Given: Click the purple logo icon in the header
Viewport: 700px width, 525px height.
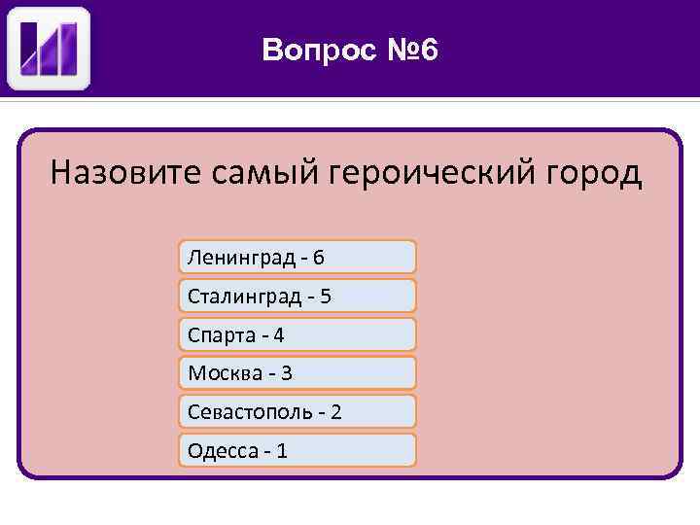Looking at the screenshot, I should [49, 49].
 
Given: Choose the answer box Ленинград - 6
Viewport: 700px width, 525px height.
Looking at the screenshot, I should [297, 257].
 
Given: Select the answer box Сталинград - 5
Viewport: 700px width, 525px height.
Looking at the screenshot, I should [297, 296].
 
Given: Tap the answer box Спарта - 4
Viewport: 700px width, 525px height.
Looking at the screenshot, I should [297, 334].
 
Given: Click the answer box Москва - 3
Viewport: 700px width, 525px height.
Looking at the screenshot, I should [297, 372].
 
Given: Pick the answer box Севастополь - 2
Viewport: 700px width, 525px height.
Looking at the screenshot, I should [297, 411].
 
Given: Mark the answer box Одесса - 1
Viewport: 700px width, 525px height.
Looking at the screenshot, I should [297, 450].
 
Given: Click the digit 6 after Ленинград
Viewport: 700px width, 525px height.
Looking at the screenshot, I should [319, 258].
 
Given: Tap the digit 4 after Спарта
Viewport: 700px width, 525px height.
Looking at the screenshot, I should [279, 335].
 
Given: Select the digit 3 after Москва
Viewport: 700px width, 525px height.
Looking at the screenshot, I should [287, 373].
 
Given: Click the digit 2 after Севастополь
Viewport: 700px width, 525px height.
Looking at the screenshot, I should [335, 412].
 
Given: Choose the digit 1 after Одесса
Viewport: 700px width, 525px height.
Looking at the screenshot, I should [282, 451].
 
